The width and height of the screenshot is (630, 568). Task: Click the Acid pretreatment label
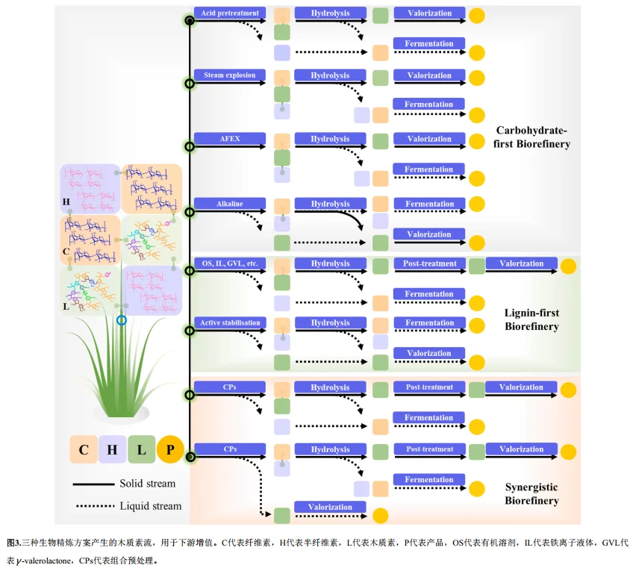coord(230,13)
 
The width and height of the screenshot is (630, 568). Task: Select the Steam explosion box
coord(230,75)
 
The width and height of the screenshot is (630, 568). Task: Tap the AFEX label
coord(230,139)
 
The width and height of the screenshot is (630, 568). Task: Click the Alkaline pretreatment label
coord(230,204)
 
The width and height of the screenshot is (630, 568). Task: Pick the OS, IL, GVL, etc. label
coord(230,263)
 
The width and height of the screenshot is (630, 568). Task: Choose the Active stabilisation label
coord(230,323)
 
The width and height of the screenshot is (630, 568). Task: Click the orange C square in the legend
coord(84,449)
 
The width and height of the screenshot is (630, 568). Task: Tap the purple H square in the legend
coord(112,449)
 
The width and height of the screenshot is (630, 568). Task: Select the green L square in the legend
coord(141,449)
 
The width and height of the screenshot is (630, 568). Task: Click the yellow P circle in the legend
coord(170,449)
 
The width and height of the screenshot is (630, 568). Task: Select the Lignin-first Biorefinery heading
coord(531,319)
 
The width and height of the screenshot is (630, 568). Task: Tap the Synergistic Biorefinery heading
coord(531,493)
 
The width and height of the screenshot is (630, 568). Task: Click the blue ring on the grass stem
coord(122,320)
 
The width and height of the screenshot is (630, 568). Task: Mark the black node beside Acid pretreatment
coord(190,21)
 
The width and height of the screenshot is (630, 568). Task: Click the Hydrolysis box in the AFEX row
coord(330,139)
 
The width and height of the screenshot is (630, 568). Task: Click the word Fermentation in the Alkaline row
coord(428,204)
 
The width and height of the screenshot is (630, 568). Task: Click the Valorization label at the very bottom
coord(330,507)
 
